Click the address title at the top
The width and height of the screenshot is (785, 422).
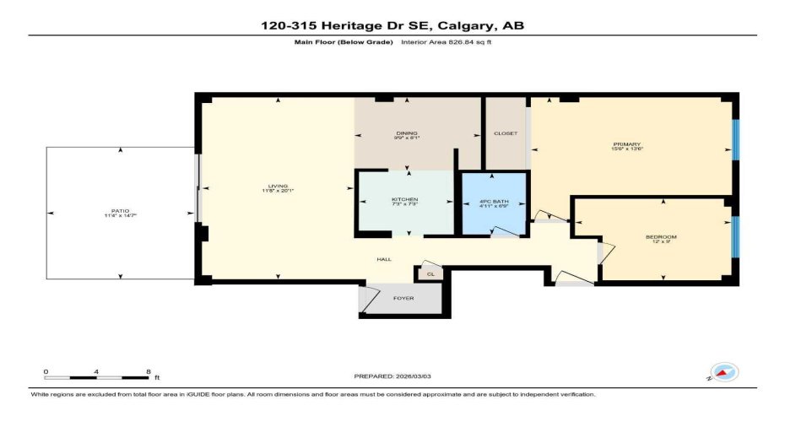[x=392, y=25]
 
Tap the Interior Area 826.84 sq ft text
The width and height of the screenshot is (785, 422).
[x=445, y=42]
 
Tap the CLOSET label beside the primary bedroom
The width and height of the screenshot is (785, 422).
[x=506, y=133]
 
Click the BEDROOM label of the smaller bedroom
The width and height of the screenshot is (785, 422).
[x=661, y=237]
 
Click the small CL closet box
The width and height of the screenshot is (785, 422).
[x=429, y=273]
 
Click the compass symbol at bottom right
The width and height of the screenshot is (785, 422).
[x=724, y=371]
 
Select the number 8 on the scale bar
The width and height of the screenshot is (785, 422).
[x=149, y=372]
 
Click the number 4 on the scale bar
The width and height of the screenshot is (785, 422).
[x=97, y=372]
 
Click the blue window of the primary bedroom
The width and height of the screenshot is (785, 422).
[x=734, y=139]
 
